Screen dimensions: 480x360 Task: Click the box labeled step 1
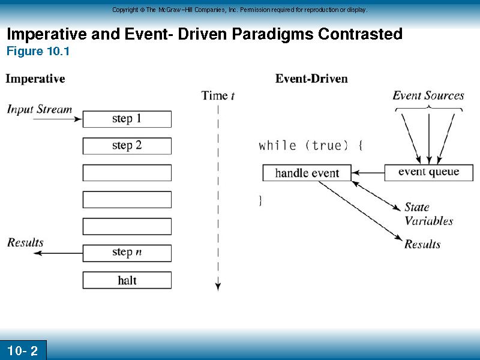pos(127,119)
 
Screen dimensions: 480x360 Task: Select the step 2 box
pos(127,146)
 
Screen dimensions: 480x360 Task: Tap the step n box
pos(127,253)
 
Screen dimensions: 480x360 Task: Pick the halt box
pos(127,280)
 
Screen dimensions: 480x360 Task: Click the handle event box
pos(307,173)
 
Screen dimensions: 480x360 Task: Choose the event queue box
pos(428,173)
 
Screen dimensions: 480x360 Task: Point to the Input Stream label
pos(40,109)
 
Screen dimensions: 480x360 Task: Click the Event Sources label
pos(428,95)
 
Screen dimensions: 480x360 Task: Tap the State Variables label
pos(428,214)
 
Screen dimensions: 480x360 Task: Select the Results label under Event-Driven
pos(422,244)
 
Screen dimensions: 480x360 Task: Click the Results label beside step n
pos(25,242)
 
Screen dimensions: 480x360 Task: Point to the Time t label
pos(218,95)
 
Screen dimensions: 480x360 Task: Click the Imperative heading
pos(35,79)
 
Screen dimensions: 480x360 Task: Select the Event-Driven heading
pos(311,79)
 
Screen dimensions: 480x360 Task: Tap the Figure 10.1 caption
pos(38,51)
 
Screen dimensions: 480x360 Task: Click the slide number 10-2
pos(22,351)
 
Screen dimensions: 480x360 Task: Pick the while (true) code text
pos(311,145)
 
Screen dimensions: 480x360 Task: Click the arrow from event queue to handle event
pos(368,173)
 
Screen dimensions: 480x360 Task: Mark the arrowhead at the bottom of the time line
pos(218,287)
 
